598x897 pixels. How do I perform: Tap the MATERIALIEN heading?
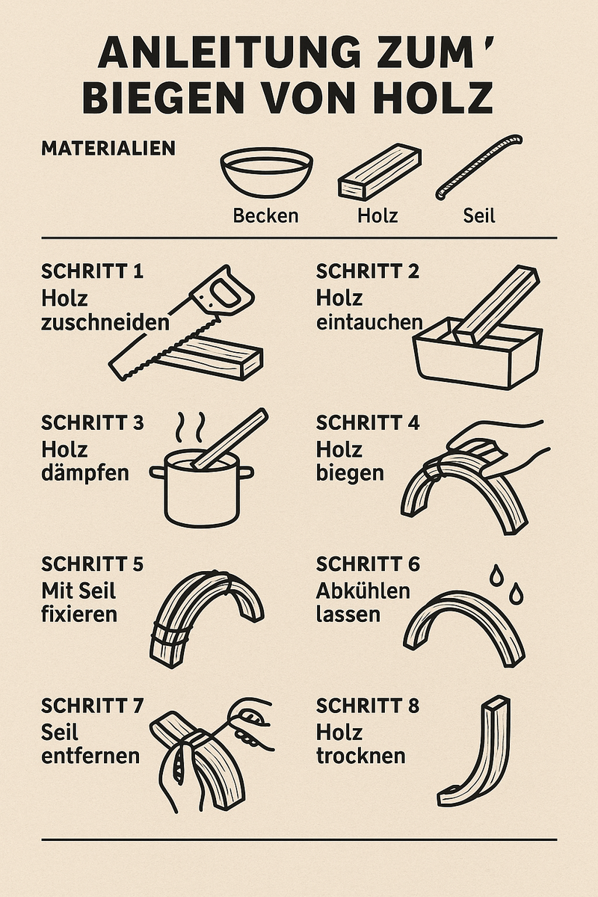tap(108, 148)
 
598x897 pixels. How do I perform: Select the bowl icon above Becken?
tap(266, 172)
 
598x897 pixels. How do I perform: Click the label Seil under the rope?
tap(479, 216)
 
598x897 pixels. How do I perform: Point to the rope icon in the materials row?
tap(479, 167)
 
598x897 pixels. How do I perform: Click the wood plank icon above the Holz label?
tap(379, 172)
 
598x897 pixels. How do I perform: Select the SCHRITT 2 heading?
tap(368, 271)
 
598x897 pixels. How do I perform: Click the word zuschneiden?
tap(105, 322)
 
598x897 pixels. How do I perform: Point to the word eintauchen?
tap(369, 322)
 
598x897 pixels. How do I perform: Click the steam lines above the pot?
tap(191, 427)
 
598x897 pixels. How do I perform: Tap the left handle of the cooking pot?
tap(158, 472)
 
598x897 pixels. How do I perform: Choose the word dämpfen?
tap(85, 473)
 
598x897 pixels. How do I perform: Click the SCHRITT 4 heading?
tap(368, 423)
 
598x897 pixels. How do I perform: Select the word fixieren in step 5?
tap(79, 614)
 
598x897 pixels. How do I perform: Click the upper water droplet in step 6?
tap(496, 576)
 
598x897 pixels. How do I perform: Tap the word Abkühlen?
tap(363, 591)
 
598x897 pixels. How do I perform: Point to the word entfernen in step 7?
tap(90, 756)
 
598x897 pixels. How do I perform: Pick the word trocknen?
tap(360, 756)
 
